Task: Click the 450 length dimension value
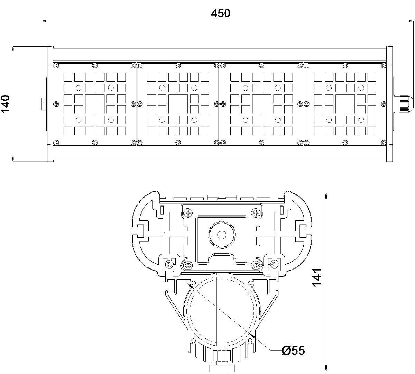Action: (x=220, y=13)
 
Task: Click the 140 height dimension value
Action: (x=7, y=104)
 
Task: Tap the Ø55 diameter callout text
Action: (x=293, y=350)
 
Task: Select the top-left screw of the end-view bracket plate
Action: (x=188, y=213)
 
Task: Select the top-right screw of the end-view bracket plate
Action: (x=256, y=213)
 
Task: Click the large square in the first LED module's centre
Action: (x=94, y=103)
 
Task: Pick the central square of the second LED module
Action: (x=178, y=103)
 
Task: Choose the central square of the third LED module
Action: (x=262, y=103)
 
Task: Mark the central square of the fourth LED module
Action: (x=345, y=103)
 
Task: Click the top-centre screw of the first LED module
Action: (x=95, y=65)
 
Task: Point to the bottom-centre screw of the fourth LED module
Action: (x=345, y=142)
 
